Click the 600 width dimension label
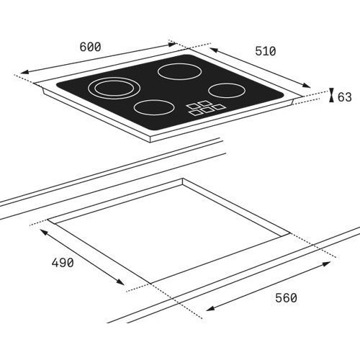pos(90,47)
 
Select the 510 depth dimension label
pos(266,51)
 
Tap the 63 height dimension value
pos(345,97)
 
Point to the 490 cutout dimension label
pos(63,263)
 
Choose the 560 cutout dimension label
pos(286,298)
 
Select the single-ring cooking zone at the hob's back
pos(179,71)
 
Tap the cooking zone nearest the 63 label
pos(227,90)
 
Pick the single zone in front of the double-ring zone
pos(154,107)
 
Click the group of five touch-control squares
pos(206,107)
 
